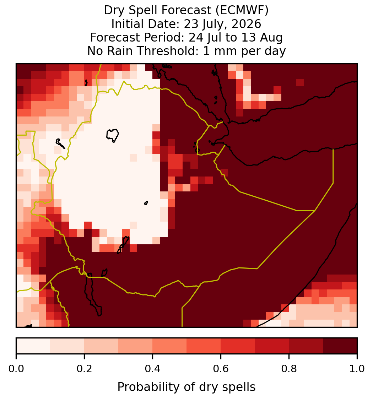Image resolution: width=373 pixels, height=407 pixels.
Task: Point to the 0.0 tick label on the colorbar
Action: (16, 369)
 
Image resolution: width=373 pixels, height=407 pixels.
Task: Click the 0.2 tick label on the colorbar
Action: (84, 369)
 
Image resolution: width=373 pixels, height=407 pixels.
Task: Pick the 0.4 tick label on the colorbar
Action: (153, 369)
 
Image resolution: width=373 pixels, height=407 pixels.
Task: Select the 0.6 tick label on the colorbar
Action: (221, 369)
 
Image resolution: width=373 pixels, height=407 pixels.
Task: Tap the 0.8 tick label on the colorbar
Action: (289, 369)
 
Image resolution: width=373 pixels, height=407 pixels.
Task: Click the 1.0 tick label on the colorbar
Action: (357, 369)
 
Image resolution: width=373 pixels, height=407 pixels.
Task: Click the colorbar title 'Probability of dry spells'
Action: (186, 387)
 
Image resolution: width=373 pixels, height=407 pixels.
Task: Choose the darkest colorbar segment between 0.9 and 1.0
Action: (340, 346)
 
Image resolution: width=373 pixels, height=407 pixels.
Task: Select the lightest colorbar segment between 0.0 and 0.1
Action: (33, 346)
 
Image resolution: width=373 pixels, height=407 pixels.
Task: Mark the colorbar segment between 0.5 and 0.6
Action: (204, 346)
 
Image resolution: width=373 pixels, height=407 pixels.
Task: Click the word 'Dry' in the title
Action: (114, 10)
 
